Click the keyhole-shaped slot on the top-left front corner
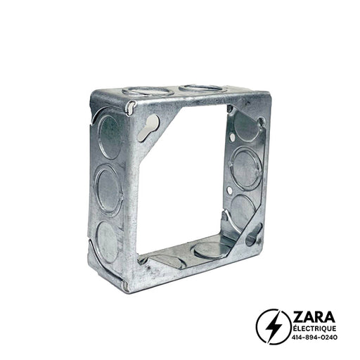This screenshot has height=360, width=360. pyautogui.click(x=148, y=127)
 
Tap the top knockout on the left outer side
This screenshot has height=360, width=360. pyautogui.click(x=110, y=137)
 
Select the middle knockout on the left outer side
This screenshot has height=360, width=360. pyautogui.click(x=109, y=189)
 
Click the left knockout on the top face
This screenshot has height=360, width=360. pyautogui.click(x=148, y=91)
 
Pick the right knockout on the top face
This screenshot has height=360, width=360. pyautogui.click(x=202, y=89)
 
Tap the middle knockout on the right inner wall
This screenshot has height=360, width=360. pyautogui.click(x=246, y=167)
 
